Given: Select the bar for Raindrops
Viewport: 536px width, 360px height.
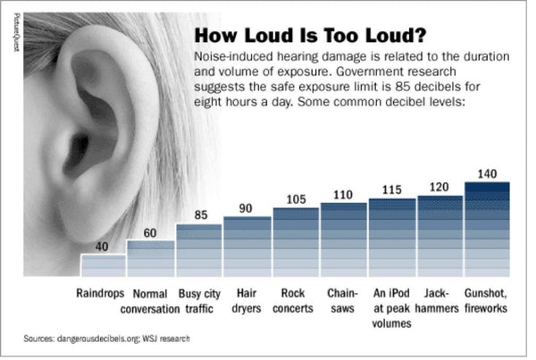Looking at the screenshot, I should (104, 265).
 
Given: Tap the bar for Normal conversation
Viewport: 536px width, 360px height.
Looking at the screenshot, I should (151, 259).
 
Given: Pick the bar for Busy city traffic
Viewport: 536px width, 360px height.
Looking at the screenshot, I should (199, 251).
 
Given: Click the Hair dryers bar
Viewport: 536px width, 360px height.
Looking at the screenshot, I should (247, 247).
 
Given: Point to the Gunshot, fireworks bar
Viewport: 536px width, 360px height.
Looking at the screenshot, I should (488, 230).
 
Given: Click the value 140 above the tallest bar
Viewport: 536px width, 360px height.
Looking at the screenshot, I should (488, 173).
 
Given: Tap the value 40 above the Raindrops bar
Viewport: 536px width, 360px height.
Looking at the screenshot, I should (104, 247).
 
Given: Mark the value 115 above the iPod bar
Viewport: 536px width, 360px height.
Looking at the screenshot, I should (391, 190).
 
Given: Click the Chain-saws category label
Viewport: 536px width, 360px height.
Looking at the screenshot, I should (343, 300).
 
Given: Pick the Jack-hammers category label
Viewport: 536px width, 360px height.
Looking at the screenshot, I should (439, 300).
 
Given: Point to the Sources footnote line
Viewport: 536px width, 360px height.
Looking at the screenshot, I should (106, 339).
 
